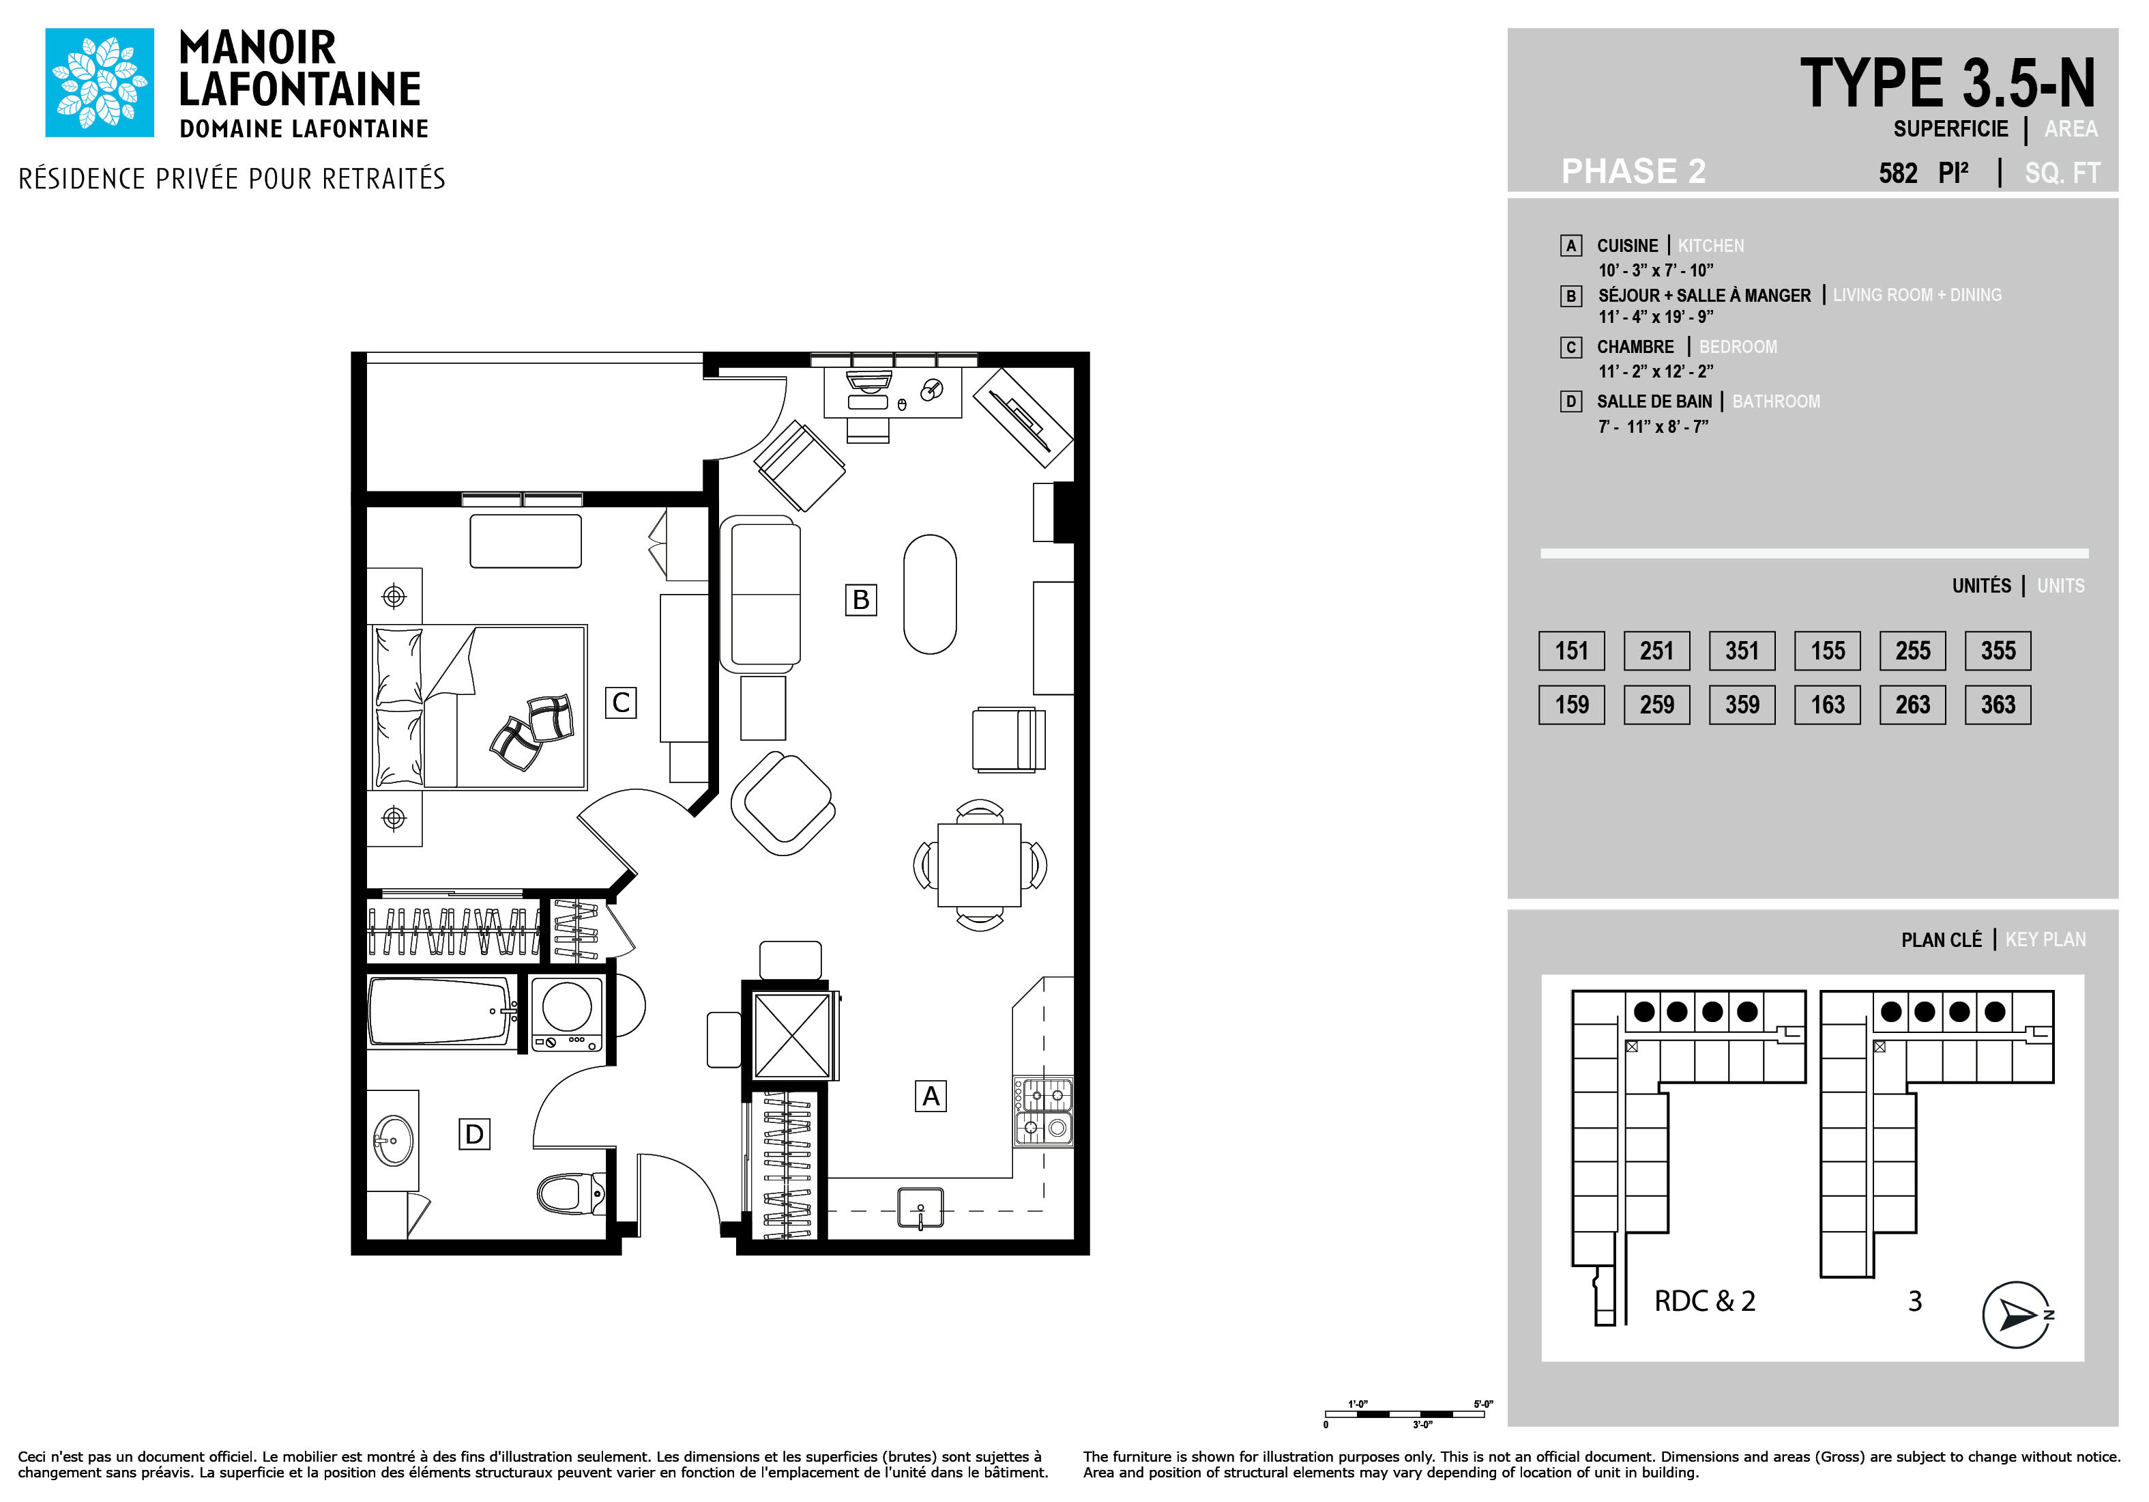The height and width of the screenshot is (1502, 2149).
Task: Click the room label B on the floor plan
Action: pos(860,599)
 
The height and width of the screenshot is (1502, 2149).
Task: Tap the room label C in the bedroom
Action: pos(621,703)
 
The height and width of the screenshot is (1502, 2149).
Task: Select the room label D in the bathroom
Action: pos(475,1134)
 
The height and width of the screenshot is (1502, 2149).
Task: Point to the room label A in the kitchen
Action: pos(931,1096)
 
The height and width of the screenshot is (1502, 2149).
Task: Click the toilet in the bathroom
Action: pos(571,1194)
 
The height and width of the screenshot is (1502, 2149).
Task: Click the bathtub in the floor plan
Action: pos(441,1011)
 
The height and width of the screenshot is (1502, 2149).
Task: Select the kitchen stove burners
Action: pos(1044,1111)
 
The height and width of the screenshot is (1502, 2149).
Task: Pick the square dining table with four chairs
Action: pos(979,864)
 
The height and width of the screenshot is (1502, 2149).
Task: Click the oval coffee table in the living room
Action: pos(929,594)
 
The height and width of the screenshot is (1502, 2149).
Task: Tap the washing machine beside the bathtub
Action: pos(566,1013)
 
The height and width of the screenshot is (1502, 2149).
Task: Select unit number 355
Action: pos(1998,651)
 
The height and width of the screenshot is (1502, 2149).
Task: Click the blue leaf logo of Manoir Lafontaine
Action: pos(100,83)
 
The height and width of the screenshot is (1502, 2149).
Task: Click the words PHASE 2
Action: pos(1633,171)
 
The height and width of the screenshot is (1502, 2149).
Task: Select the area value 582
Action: pos(1898,173)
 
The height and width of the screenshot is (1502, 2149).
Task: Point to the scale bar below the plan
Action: pos(1405,1414)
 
